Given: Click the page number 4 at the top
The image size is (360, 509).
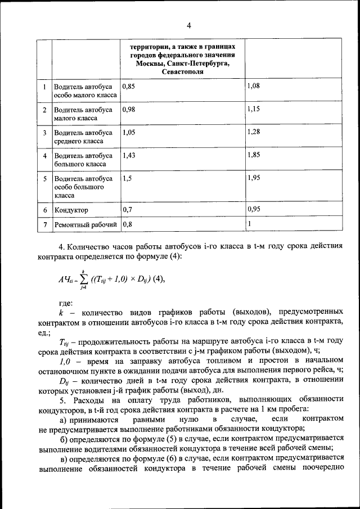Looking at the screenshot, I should [x=189, y=25].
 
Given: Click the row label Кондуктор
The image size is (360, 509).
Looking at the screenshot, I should [x=71, y=210].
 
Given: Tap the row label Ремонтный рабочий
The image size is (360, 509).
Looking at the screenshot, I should [x=85, y=225].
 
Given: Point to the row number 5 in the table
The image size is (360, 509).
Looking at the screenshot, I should [x=44, y=178].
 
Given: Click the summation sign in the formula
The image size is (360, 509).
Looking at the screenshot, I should [x=82, y=278].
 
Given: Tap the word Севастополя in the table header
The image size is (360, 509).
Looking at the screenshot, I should [x=182, y=73].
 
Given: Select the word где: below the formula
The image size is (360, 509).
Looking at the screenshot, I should [x=66, y=303].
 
